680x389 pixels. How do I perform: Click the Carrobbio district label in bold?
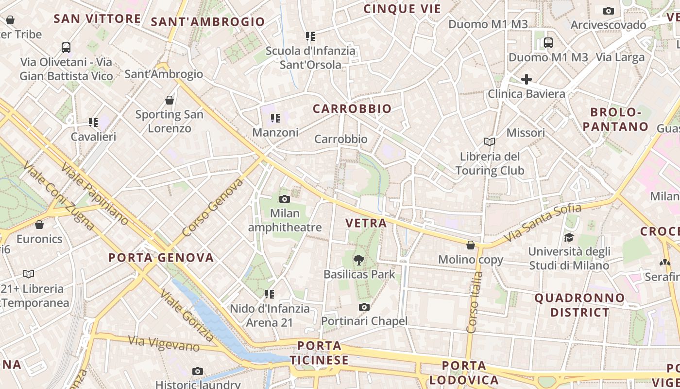coord(352,109)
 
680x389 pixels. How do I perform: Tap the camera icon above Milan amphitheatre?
coord(285,199)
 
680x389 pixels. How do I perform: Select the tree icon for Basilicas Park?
coord(359,260)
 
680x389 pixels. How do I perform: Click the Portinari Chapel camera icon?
coord(364,307)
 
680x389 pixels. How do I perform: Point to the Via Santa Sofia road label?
coord(542,223)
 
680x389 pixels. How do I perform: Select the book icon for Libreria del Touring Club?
coord(490,141)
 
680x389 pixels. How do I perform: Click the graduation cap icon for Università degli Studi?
coord(569,237)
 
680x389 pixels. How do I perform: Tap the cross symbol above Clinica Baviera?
coord(527,79)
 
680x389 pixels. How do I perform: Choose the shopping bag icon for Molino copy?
coord(470,245)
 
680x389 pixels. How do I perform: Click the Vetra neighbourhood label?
coord(366,223)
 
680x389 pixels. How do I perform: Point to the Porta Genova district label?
coord(161,258)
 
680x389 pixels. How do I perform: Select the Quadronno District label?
coord(579,305)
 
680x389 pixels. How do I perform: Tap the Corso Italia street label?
coord(475,302)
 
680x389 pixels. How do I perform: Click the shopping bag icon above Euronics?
coord(39,225)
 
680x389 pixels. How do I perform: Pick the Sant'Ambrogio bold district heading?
coord(208,22)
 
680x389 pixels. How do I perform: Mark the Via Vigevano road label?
coord(164,343)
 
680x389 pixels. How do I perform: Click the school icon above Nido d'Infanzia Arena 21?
coord(269,294)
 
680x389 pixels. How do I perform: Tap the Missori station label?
coord(526,133)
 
